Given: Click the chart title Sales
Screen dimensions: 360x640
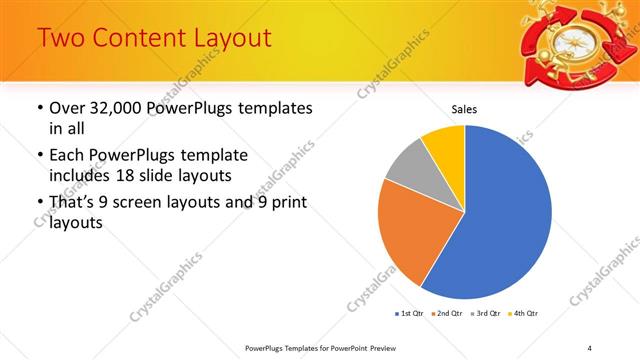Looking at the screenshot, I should tap(464, 108).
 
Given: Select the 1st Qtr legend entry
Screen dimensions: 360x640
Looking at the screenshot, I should tap(409, 314).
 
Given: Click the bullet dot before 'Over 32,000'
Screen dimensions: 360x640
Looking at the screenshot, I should tap(38, 108).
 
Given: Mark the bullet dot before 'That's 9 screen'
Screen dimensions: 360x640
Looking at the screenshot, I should tap(38, 204).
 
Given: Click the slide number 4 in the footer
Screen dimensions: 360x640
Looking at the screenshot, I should tap(589, 347).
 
